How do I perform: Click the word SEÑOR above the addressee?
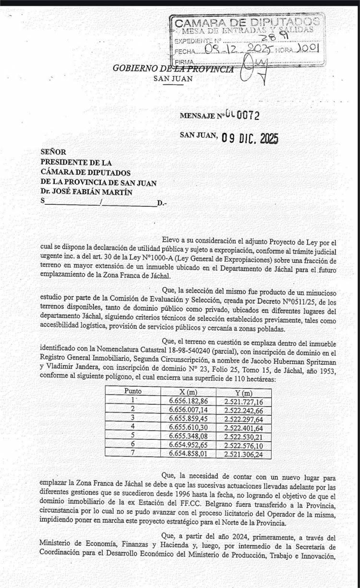tap(53, 153)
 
